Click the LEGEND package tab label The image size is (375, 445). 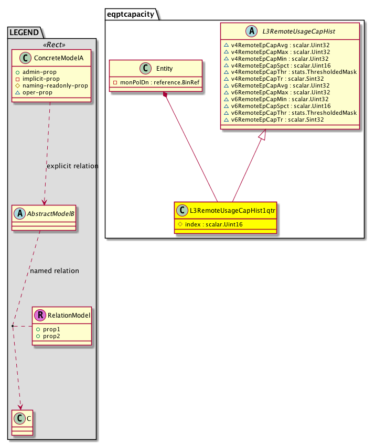tap(24, 32)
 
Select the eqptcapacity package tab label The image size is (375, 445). tap(131, 14)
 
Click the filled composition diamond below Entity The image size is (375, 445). tap(165, 95)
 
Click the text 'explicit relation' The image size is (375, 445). tap(72, 166)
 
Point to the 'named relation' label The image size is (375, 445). tap(55, 271)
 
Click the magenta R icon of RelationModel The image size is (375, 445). tap(39, 315)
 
